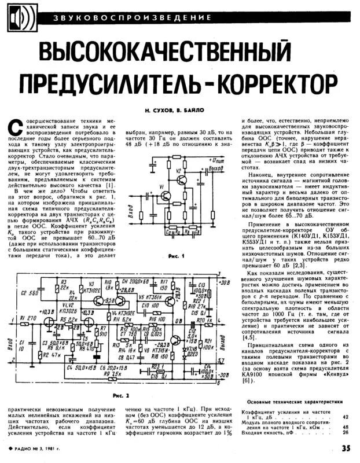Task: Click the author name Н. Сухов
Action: [x=159, y=110]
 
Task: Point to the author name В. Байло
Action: [x=193, y=110]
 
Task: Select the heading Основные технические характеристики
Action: [x=295, y=402]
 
